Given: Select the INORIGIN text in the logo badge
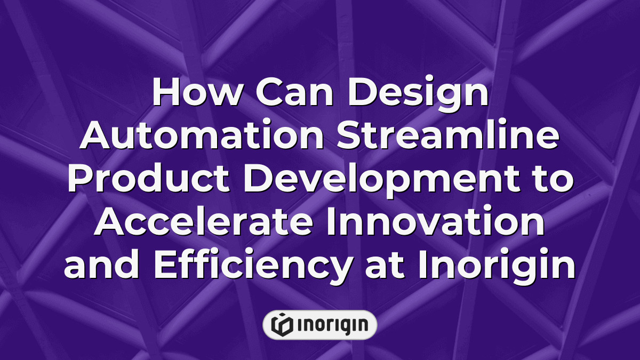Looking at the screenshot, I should coord(331,325).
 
